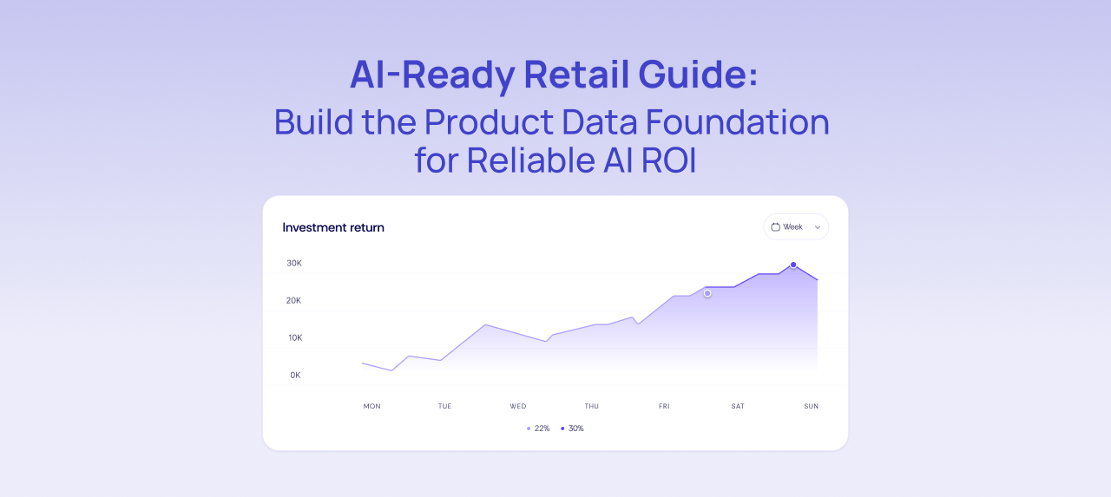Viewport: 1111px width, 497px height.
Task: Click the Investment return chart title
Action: click(x=333, y=227)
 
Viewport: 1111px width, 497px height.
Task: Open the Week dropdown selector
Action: click(x=796, y=227)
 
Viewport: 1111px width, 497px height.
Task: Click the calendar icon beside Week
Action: click(x=776, y=227)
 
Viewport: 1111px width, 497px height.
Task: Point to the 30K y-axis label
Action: click(x=294, y=263)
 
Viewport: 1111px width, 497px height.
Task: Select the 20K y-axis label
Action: click(x=294, y=300)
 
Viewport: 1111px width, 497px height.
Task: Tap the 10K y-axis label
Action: click(x=294, y=337)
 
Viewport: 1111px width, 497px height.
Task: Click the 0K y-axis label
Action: click(x=295, y=375)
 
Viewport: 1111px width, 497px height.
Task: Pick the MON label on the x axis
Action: click(x=371, y=406)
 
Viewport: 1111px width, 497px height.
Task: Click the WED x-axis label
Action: click(x=518, y=406)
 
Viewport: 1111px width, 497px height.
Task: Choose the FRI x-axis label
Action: click(x=664, y=406)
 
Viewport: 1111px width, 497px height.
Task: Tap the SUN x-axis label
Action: click(x=811, y=406)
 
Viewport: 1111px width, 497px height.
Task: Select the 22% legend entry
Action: click(x=539, y=428)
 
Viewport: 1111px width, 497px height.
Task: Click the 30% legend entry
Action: click(x=573, y=428)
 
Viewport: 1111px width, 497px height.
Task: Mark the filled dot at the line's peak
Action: click(x=793, y=265)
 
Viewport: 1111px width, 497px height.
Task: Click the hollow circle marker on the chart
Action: click(x=707, y=294)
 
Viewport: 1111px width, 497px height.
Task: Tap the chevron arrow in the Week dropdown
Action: click(x=817, y=227)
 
